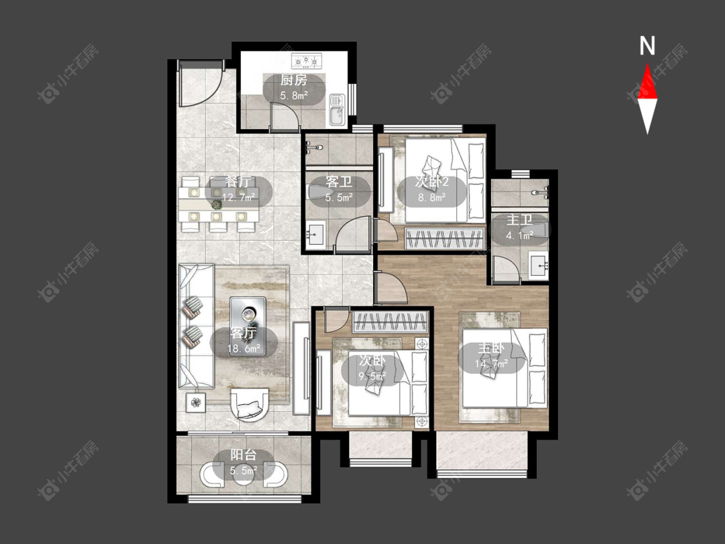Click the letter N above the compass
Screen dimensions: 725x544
click(647, 46)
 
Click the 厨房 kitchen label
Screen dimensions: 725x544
click(294, 80)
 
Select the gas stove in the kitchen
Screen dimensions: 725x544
click(305, 60)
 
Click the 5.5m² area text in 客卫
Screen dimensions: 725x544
click(339, 197)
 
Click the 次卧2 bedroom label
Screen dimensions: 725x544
click(432, 182)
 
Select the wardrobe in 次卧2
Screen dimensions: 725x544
click(445, 238)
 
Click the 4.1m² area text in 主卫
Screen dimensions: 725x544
click(519, 235)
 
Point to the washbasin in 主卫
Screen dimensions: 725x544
click(538, 266)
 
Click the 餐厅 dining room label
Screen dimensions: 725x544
click(238, 182)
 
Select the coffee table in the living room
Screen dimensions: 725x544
click(248, 326)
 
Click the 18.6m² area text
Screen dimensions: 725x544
click(244, 348)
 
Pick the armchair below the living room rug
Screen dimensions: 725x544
click(249, 404)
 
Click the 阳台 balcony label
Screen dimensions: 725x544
click(244, 455)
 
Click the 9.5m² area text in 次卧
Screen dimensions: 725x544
click(372, 376)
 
